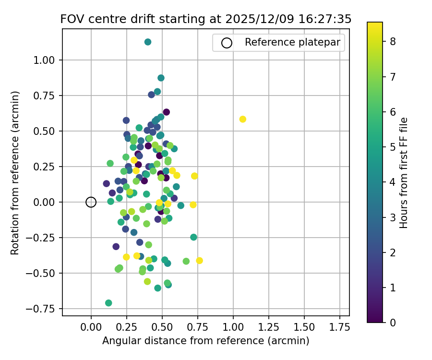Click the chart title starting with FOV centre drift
(x=206, y=19)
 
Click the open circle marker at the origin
(x=91, y=202)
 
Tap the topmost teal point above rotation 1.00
(x=148, y=42)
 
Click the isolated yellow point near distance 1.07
(x=243, y=119)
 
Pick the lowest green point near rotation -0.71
(x=108, y=303)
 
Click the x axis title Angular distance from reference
(x=205, y=341)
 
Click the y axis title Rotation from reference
(x=15, y=172)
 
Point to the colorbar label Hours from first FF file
(x=404, y=172)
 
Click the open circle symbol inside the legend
(x=227, y=43)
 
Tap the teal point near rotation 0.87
(x=161, y=78)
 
